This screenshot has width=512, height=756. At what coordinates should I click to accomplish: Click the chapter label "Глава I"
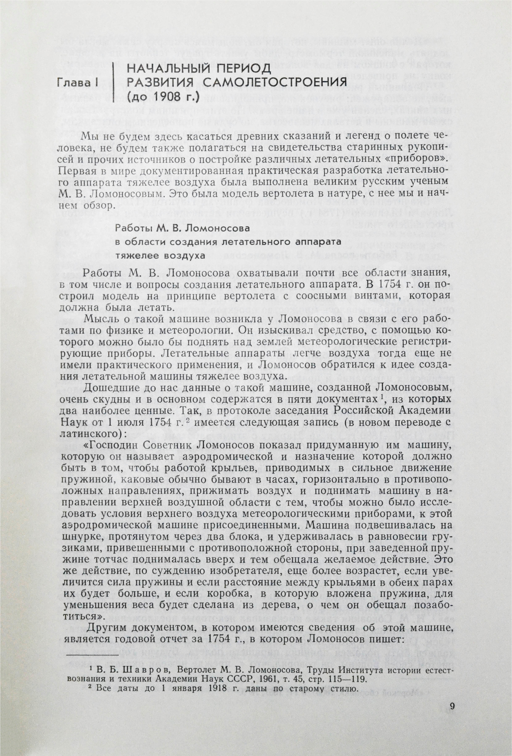78,83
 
